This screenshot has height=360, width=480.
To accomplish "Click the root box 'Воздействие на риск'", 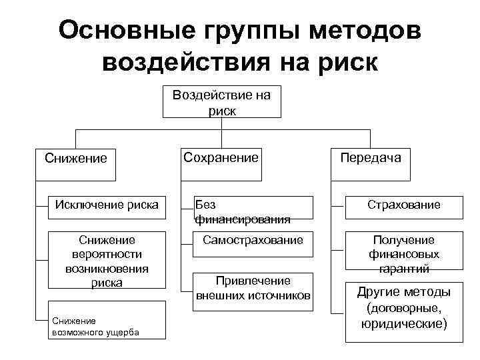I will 221,101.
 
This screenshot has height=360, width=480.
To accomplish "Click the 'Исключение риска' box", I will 107,205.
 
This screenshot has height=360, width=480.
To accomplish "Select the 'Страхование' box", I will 403,205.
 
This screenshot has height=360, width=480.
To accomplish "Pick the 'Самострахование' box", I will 253,239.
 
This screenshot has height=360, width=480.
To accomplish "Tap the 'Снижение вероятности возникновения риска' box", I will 107,261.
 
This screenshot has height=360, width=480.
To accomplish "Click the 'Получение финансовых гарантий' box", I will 403,254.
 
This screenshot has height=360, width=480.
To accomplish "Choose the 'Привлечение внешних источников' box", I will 253,287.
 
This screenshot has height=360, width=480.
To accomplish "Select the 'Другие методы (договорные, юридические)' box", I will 403,308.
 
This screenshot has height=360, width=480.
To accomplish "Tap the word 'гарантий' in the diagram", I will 403,269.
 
